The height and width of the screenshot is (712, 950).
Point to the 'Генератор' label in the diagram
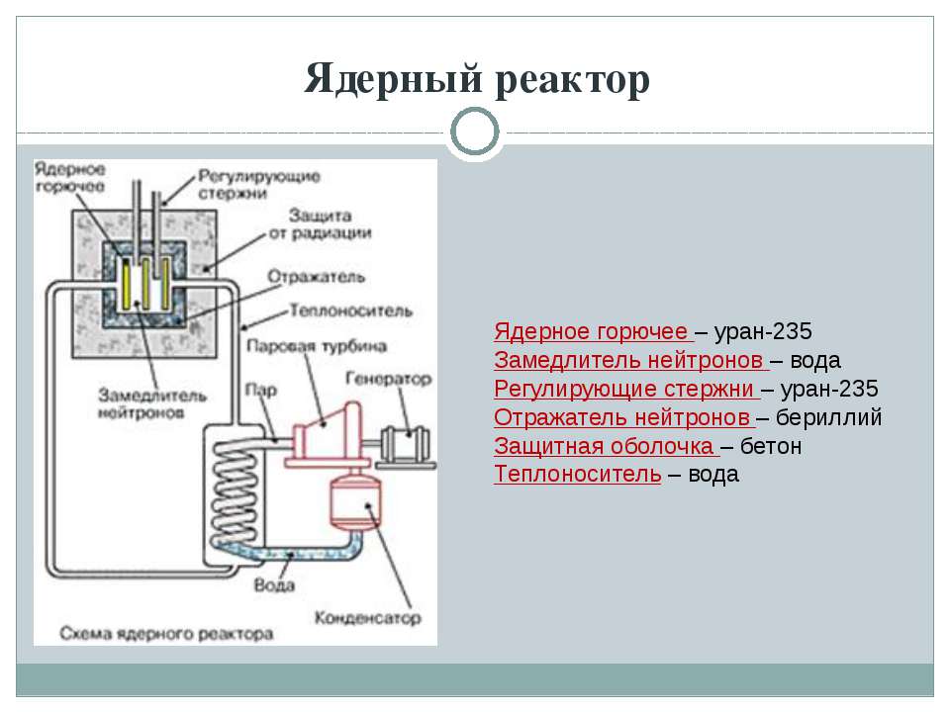click(x=388, y=379)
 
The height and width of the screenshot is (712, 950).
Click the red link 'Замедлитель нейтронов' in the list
click(x=630, y=358)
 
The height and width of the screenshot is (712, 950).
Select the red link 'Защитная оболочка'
click(x=605, y=445)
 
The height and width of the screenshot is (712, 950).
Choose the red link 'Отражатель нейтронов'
click(x=623, y=416)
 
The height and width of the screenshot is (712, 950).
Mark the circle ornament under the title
click(x=476, y=133)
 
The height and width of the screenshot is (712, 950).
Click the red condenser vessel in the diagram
click(x=354, y=503)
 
